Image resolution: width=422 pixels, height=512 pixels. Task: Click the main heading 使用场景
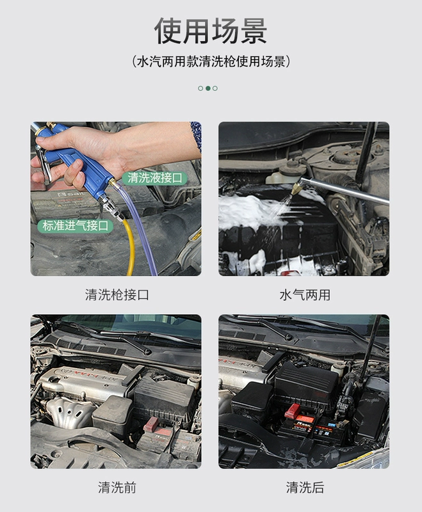pyautogui.click(x=211, y=31)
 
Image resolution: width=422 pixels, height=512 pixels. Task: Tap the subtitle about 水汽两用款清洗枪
pyautogui.click(x=211, y=61)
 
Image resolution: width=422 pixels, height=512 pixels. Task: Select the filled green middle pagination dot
pyautogui.click(x=207, y=88)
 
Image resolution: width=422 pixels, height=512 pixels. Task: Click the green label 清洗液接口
pyautogui.click(x=155, y=178)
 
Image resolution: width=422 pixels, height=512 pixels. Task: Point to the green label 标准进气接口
pyautogui.click(x=75, y=226)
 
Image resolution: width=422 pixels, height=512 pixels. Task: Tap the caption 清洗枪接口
pyautogui.click(x=117, y=295)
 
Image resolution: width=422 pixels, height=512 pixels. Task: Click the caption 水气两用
pyautogui.click(x=304, y=295)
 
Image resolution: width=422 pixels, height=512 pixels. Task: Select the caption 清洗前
pyautogui.click(x=117, y=487)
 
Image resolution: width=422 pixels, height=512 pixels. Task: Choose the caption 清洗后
pyautogui.click(x=304, y=487)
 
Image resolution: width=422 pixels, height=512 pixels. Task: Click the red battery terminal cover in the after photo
pyautogui.click(x=293, y=410)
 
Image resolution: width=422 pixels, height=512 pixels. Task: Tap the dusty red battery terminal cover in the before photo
pyautogui.click(x=151, y=424)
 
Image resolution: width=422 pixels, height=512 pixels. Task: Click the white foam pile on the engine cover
pyautogui.click(x=248, y=211)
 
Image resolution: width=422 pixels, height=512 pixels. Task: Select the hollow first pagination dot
pyautogui.click(x=200, y=88)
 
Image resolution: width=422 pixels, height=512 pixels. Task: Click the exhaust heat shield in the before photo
pyautogui.click(x=70, y=412)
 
